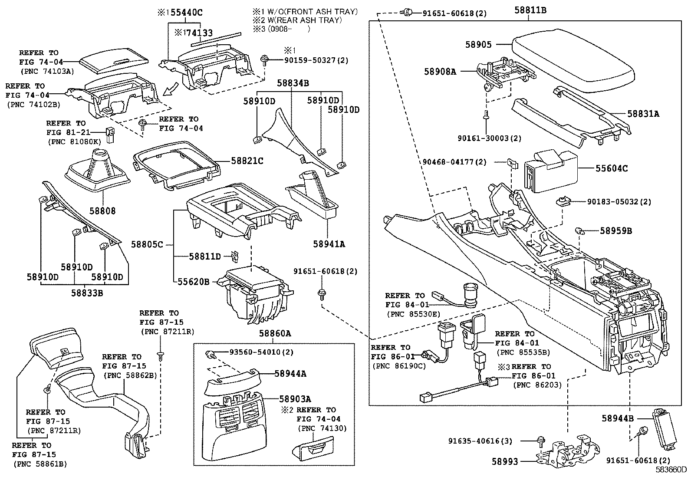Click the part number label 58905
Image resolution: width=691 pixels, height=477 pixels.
pos(478,44)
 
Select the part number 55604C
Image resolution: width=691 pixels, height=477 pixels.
pos(612,168)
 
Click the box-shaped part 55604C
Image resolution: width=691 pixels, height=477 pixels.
pos(551,171)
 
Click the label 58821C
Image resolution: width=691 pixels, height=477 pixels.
pos(247,161)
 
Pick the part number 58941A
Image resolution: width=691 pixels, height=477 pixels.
pos(329,244)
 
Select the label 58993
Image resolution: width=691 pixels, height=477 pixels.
pos(505,461)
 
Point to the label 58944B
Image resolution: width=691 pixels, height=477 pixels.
pos(618,418)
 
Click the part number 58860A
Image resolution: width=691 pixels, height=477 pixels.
pos(275,333)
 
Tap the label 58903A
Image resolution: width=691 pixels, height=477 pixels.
pos(295,399)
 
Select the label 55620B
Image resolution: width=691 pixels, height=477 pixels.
pos(194,282)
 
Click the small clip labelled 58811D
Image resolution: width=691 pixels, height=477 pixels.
pos(235,257)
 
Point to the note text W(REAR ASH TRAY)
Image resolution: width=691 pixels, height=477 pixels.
pos(304,20)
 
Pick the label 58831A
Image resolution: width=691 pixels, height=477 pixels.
pos(643,114)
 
